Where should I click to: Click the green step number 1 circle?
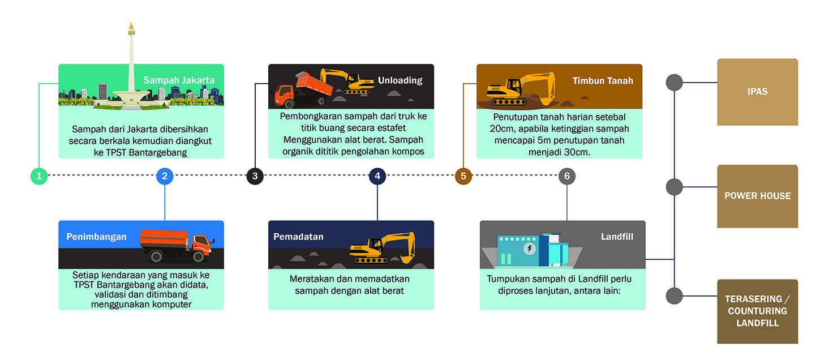39,176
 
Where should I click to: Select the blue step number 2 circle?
165,176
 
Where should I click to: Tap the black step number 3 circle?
255,176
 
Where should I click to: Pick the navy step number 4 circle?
377,176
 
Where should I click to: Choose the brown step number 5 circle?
463,176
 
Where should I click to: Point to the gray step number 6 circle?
567,176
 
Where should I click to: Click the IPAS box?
757,92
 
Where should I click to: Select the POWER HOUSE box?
757,196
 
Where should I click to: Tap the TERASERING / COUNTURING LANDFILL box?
757,311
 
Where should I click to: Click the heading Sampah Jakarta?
179,80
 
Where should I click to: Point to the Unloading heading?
400,80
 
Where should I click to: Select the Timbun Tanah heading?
603,80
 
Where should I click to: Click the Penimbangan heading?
96,237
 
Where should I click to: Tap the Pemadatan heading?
298,237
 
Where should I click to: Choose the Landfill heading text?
617,237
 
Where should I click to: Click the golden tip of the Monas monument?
131,27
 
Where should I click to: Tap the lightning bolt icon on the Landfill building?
530,248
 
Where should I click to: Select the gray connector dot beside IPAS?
674,83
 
